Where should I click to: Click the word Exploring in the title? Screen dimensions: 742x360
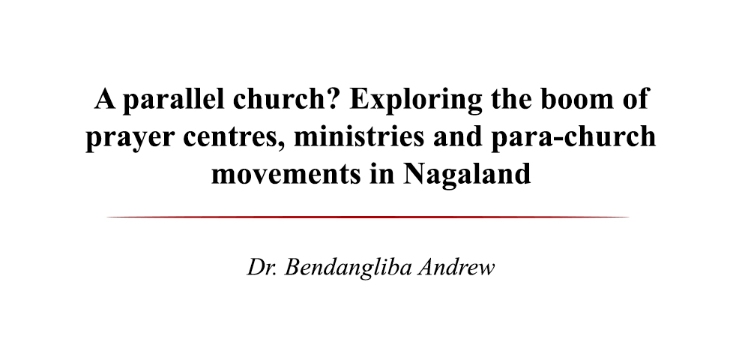(415, 100)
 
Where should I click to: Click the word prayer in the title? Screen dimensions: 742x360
(130, 138)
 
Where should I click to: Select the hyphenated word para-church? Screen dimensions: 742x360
(573, 138)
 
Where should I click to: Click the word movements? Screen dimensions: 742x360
(286, 174)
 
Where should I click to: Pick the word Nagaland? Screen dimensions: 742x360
(467, 175)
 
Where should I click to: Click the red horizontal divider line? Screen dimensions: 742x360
(368, 217)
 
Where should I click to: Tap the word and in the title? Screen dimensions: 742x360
(458, 136)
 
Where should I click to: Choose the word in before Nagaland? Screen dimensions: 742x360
(382, 174)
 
